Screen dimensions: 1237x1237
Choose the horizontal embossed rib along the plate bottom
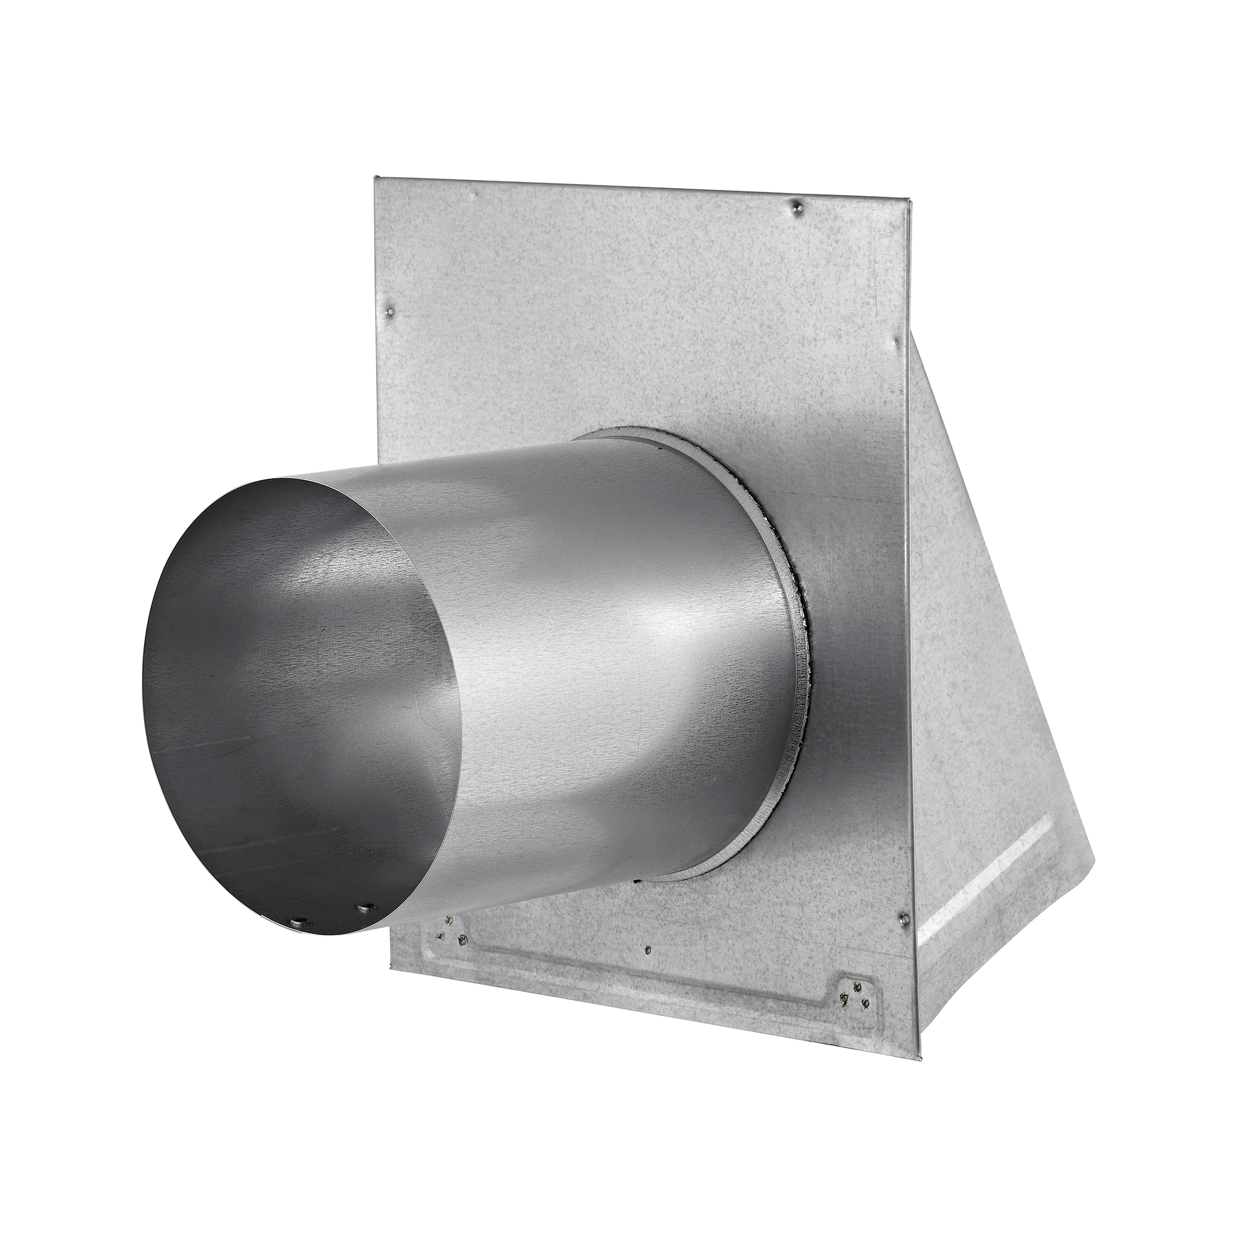tap(640, 980)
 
